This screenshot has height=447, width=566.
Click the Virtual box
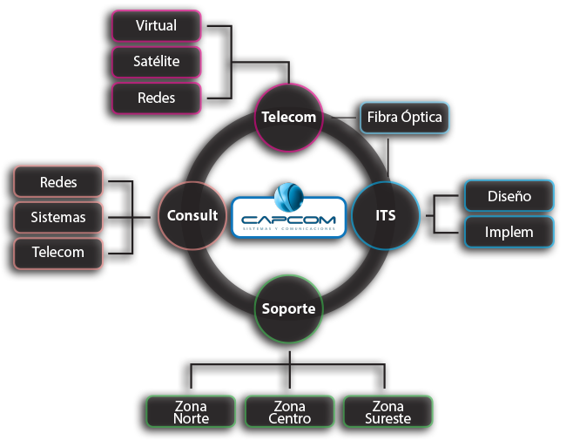(x=157, y=26)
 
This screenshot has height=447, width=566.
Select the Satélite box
(x=157, y=62)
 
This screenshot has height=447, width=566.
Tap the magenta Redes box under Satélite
(x=157, y=98)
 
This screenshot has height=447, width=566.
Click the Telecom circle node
(x=289, y=117)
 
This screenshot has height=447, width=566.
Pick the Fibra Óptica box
(x=405, y=117)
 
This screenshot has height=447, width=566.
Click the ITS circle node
(x=386, y=214)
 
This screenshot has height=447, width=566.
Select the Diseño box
(x=509, y=196)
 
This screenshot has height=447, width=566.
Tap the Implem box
(x=509, y=233)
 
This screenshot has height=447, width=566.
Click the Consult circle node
(x=192, y=214)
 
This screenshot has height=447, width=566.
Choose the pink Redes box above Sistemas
(x=58, y=182)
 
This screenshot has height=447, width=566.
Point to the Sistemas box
(x=58, y=217)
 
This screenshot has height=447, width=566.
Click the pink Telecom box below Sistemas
(x=58, y=253)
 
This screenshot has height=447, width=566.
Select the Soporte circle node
(x=289, y=308)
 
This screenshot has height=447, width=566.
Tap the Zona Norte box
(x=191, y=412)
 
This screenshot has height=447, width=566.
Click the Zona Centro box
(x=289, y=412)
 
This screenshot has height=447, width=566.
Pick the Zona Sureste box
(x=388, y=412)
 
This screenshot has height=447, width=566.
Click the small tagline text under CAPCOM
(x=288, y=228)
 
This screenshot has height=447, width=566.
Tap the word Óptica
(x=421, y=117)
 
